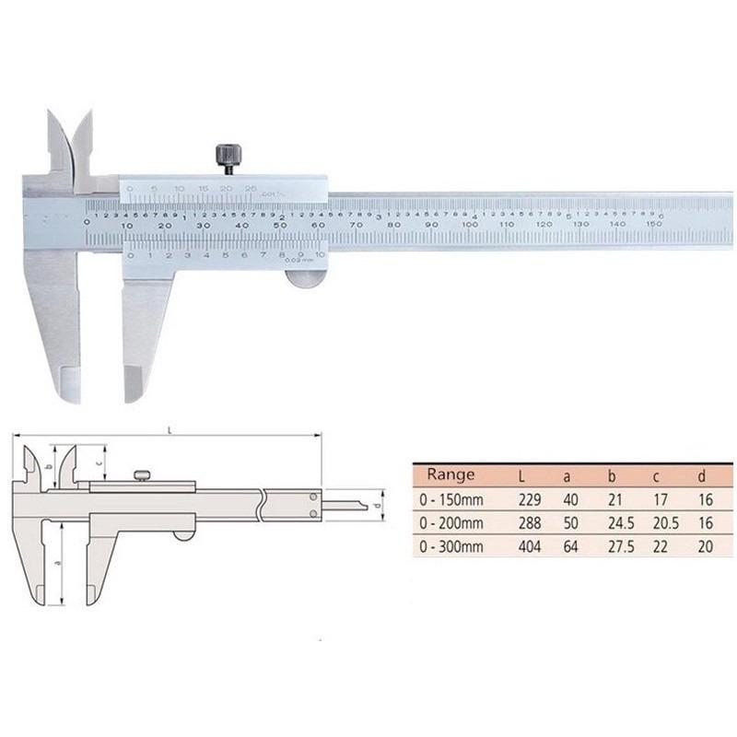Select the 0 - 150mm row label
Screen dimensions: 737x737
click(x=451, y=499)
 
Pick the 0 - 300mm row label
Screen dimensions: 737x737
click(x=451, y=547)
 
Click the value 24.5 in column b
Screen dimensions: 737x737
click(x=613, y=523)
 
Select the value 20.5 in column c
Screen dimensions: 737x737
click(x=657, y=523)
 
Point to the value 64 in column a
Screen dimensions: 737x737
click(x=568, y=547)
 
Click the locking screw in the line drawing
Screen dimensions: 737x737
click(x=141, y=475)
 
